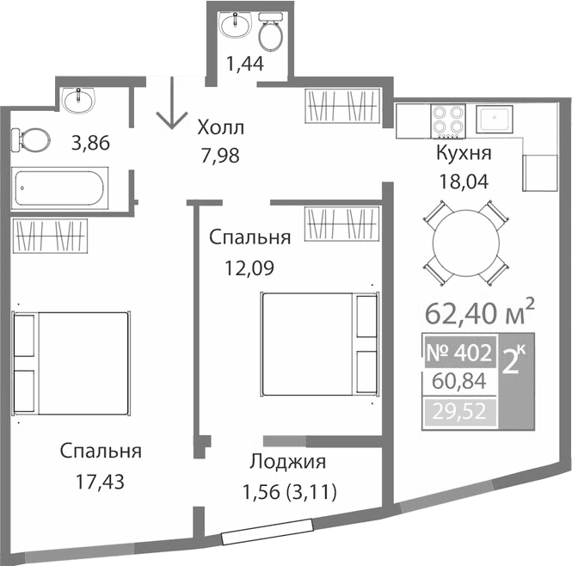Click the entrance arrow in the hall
coord(172,104)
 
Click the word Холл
coord(220,128)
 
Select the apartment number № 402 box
coord(458,352)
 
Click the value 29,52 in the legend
coord(458,412)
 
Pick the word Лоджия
coord(287,462)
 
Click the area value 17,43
coord(100,483)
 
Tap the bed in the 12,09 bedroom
coord(319,344)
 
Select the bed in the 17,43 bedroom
coord(71,360)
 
